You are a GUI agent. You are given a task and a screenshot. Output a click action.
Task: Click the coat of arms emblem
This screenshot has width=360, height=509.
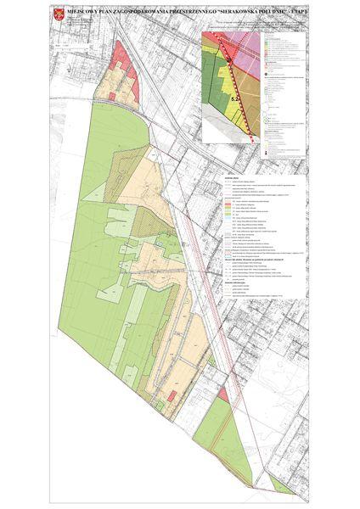click(x=56, y=14)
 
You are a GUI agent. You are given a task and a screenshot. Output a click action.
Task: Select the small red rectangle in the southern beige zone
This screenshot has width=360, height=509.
click(x=173, y=396)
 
